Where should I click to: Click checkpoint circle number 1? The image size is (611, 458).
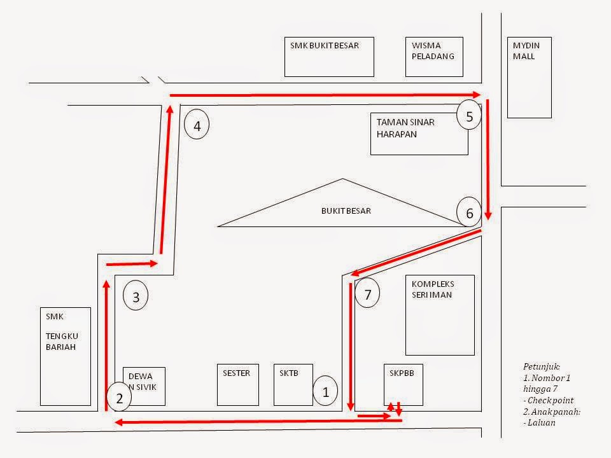coord(325,392)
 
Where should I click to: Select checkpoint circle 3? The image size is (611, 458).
coord(136,296)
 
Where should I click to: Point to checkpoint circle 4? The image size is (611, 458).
coord(197,125)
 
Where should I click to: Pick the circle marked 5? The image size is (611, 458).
coord(469,116)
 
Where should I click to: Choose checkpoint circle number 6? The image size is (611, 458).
coord(469,212)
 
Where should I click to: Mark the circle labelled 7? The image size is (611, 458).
coord(368,294)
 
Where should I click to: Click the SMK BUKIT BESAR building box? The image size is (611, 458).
coord(329,57)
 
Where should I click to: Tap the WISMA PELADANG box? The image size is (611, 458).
coord(434,57)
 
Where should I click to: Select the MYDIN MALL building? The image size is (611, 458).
coord(529,77)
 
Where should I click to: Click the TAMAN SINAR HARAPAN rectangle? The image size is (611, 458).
coord(419,134)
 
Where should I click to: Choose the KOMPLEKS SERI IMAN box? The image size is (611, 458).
coord(440,316)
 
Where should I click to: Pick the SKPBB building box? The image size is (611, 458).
coord(404,385)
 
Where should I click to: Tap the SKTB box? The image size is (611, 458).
coord(293,385)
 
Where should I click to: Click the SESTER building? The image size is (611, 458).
coord(237,385)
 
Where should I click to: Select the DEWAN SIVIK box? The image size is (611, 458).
coord(144,385)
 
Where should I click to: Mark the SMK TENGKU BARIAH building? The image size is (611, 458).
coord(66,356)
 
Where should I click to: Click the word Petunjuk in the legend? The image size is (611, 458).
coord(541,368)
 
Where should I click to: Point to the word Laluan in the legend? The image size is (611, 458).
coord(538,422)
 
